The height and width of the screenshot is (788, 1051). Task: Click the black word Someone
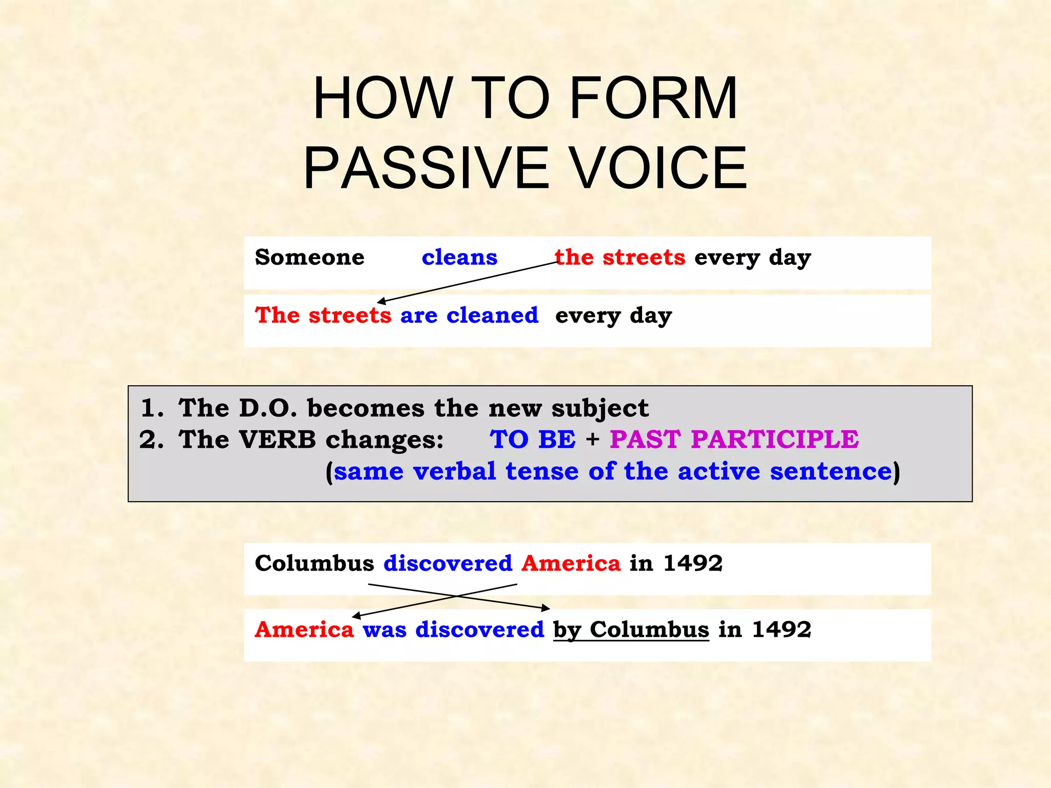click(x=309, y=257)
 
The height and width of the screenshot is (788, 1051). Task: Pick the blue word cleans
click(x=459, y=257)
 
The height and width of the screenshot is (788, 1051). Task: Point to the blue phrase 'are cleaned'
click(x=469, y=315)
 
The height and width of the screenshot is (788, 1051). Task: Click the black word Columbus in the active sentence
click(x=314, y=563)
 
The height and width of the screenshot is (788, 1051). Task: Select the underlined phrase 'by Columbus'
click(x=631, y=629)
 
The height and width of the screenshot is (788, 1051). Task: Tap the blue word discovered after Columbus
click(x=447, y=563)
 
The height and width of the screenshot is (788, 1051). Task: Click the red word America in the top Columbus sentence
click(x=571, y=563)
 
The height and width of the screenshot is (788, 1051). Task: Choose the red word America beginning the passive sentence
click(x=304, y=629)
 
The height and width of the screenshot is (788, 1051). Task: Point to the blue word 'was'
click(x=384, y=629)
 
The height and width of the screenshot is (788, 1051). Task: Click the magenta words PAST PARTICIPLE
click(x=734, y=440)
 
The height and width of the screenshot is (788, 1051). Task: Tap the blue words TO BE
click(x=533, y=440)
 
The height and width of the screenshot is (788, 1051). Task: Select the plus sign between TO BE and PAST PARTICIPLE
click(x=593, y=440)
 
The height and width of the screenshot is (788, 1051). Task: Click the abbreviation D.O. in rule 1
click(x=268, y=408)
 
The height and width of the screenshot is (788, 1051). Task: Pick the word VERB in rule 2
click(x=277, y=440)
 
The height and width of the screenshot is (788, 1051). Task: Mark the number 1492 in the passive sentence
click(x=781, y=629)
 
